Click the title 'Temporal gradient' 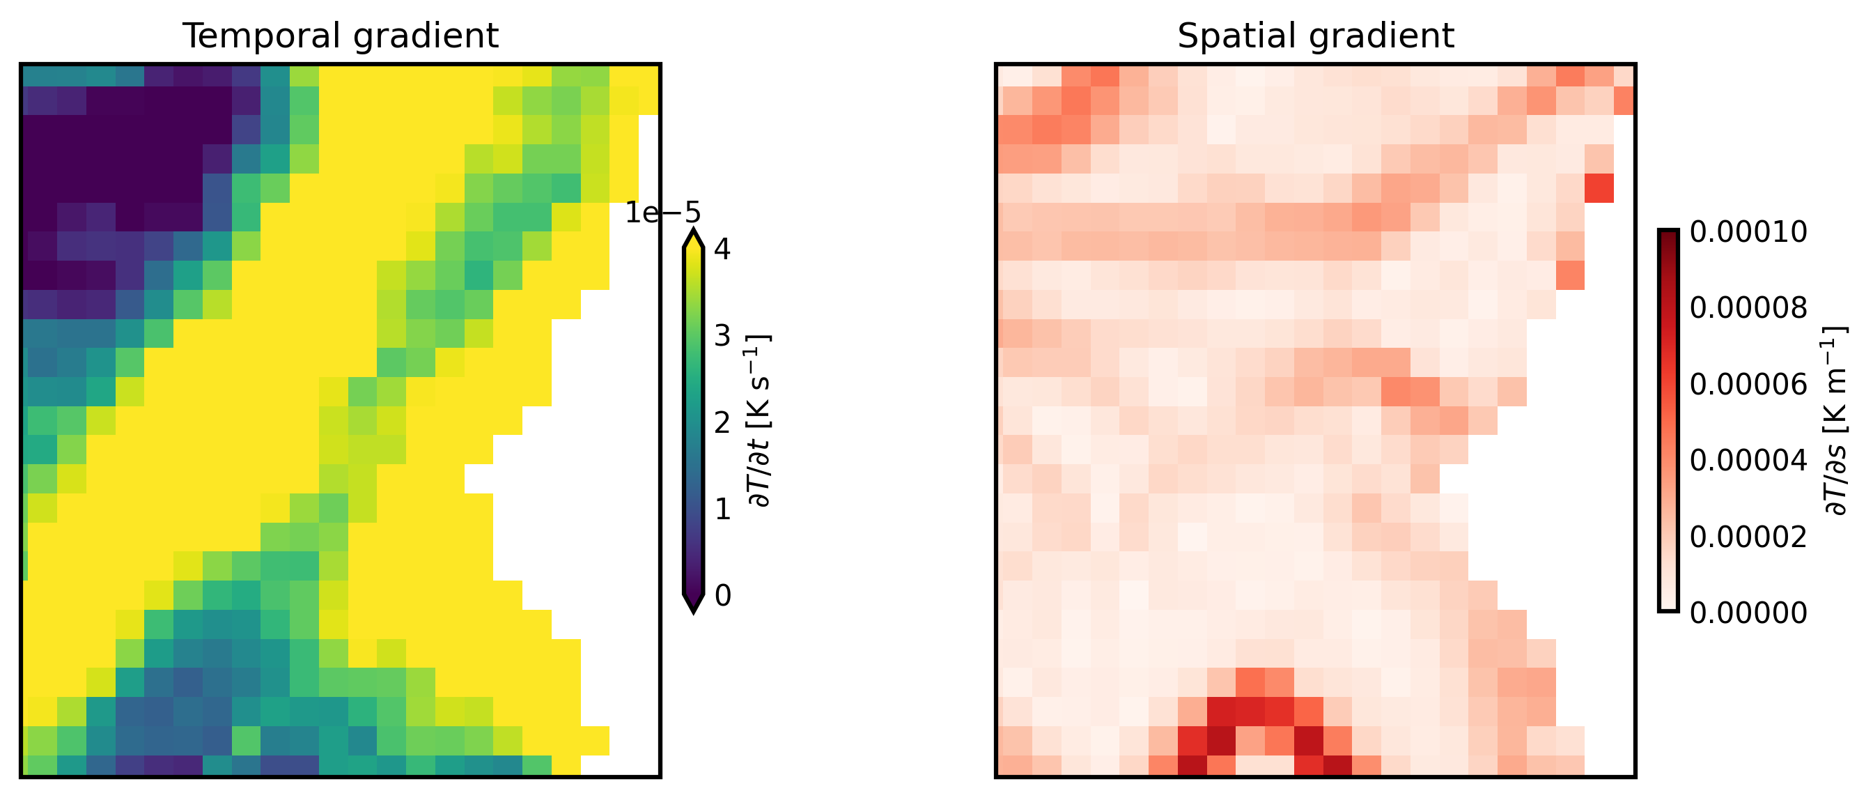(x=341, y=36)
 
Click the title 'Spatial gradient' (x=1315, y=36)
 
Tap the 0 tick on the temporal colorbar (x=723, y=595)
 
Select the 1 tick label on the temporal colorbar (x=723, y=509)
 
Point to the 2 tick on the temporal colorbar (x=723, y=422)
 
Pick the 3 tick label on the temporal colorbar (x=723, y=336)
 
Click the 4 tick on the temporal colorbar (x=723, y=250)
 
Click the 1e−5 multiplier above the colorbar (x=662, y=213)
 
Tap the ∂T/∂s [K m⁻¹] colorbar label (x=1836, y=420)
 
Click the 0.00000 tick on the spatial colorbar (x=1748, y=613)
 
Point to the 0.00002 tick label (x=1748, y=537)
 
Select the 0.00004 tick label (x=1748, y=461)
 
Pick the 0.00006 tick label (x=1748, y=384)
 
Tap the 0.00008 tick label (x=1748, y=308)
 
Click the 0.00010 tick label (x=1748, y=232)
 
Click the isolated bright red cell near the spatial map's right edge (x=1599, y=188)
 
